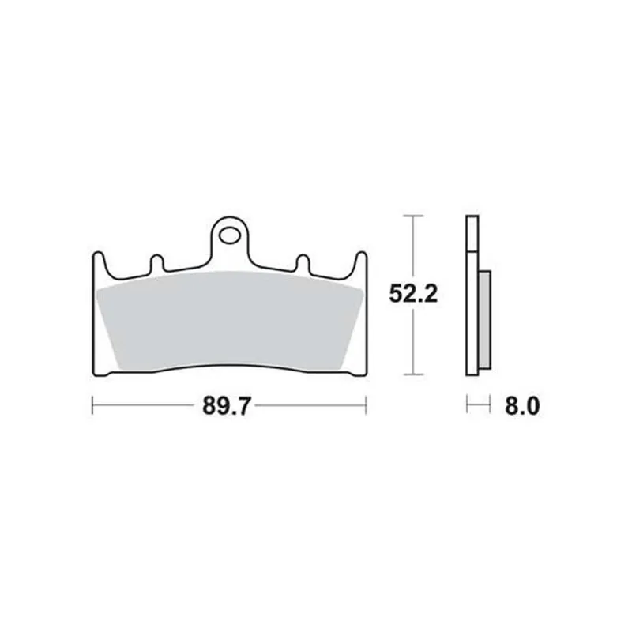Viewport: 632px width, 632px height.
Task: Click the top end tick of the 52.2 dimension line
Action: [x=412, y=215]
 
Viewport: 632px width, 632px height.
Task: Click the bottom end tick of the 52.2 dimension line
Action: [x=412, y=374]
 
